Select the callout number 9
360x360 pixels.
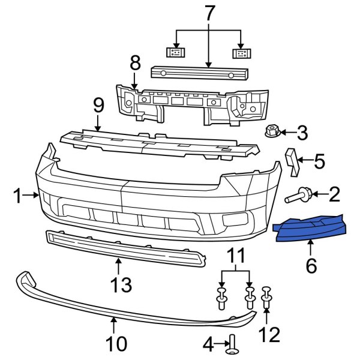click(98, 109)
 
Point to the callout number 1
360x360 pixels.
click(18, 194)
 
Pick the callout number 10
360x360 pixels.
click(117, 344)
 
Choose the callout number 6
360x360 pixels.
click(311, 265)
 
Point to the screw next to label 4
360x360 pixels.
click(232, 344)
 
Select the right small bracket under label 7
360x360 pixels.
click(241, 53)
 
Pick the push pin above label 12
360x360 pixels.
click(266, 298)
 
